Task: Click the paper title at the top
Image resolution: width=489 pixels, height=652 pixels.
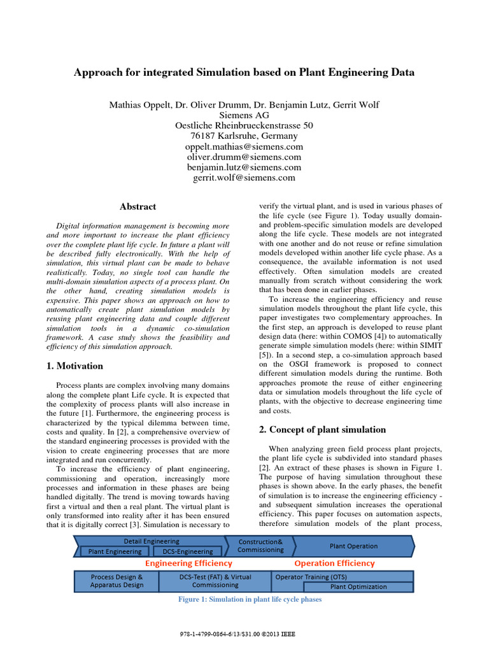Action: tap(244, 72)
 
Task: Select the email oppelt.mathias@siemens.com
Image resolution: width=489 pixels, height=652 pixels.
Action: tap(244, 146)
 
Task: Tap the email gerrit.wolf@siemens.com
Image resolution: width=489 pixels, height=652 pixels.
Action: tap(244, 178)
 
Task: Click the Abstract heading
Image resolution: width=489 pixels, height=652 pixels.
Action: tap(138, 206)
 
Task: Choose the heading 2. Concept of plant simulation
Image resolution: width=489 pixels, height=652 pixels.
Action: tap(322, 429)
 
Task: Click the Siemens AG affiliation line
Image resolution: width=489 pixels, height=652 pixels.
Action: tap(244, 115)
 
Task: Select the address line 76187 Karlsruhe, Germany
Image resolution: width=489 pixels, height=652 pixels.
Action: tap(244, 136)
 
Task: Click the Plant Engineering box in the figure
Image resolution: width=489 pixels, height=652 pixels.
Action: tap(115, 551)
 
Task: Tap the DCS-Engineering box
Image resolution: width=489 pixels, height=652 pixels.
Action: tap(187, 551)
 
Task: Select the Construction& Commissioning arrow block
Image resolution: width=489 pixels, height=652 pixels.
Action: tap(261, 546)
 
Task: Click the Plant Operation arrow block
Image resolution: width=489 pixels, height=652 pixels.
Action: tap(353, 546)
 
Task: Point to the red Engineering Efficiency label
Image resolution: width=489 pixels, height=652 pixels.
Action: tap(188, 563)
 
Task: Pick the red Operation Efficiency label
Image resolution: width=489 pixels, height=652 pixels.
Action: tap(334, 563)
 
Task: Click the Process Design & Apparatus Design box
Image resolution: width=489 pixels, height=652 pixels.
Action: tap(117, 581)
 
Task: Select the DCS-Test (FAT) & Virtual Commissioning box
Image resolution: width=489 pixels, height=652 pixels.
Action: tap(215, 581)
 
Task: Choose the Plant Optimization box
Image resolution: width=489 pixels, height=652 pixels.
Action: tap(358, 586)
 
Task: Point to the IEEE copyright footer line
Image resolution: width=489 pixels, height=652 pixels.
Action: tap(244, 635)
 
